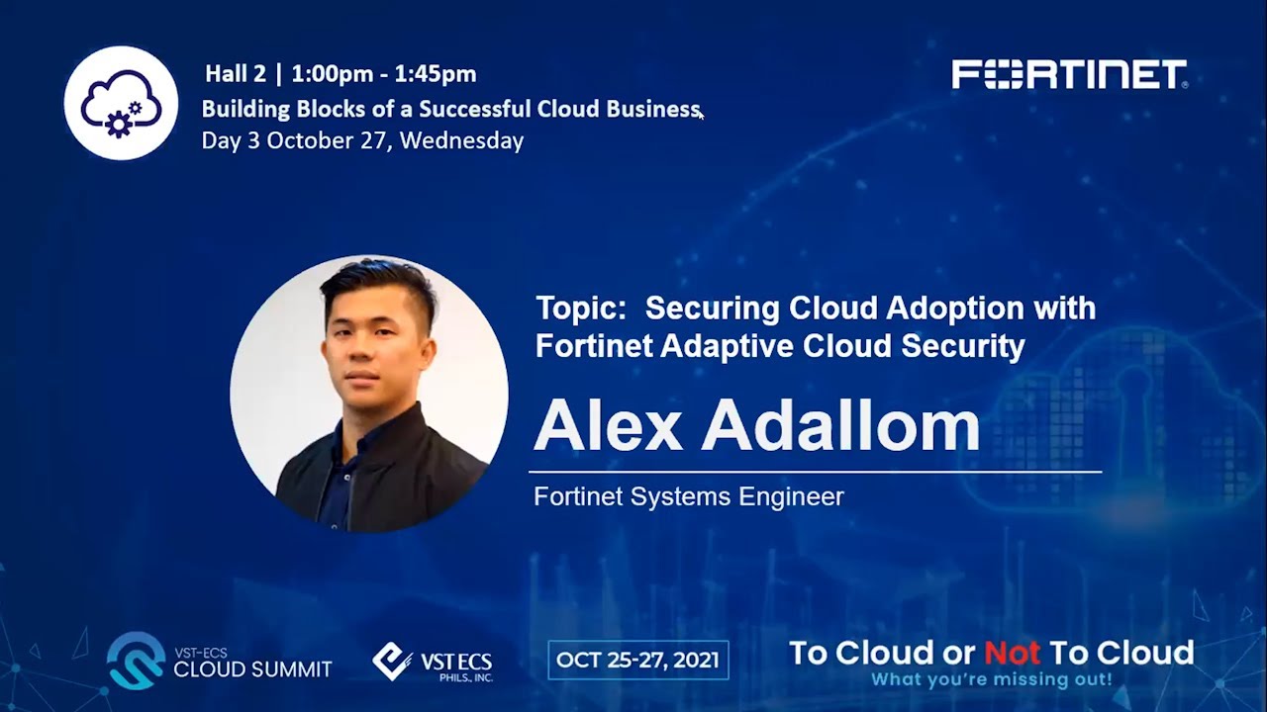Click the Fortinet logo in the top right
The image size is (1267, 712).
pos(1069,74)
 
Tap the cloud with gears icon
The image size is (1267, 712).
pos(121,103)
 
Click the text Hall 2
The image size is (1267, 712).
pos(236,73)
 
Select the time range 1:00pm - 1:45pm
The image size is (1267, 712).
pos(384,73)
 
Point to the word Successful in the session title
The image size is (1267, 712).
pos(475,109)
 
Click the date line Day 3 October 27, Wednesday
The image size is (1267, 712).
pos(362,140)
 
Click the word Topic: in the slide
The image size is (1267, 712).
pos(582,309)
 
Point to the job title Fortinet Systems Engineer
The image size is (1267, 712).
pos(688,496)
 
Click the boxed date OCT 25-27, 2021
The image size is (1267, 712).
pos(638,661)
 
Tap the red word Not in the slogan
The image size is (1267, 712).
pos(1012,653)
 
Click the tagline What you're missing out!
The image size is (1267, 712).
pos(991,680)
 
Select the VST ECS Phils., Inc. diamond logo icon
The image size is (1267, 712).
pos(392,661)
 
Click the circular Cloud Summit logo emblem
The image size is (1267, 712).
pos(137,661)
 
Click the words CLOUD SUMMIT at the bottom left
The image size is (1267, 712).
pos(252,669)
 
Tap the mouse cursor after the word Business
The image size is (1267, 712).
pos(701,115)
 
